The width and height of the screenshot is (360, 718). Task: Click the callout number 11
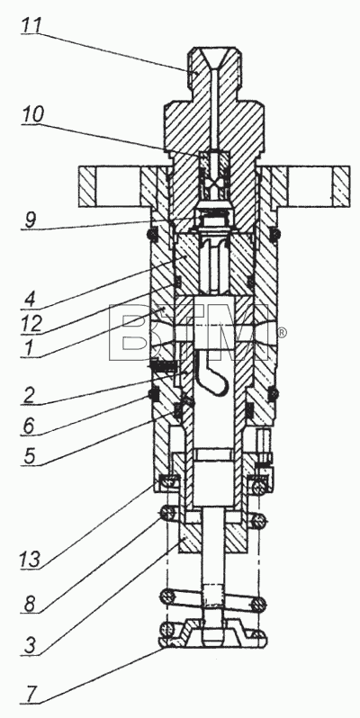click(x=31, y=25)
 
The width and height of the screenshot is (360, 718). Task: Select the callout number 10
click(x=33, y=115)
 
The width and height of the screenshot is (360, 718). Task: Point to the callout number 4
click(x=30, y=301)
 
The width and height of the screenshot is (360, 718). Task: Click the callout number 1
click(x=29, y=348)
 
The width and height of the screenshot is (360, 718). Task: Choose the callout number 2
click(x=29, y=397)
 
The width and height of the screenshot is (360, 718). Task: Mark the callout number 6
click(x=29, y=426)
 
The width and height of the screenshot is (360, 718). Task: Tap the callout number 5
click(x=29, y=456)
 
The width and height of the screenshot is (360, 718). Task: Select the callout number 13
click(x=31, y=559)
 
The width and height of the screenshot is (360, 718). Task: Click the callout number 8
click(x=30, y=604)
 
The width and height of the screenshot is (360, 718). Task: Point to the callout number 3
click(x=29, y=646)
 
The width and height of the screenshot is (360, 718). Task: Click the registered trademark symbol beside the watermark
click(x=283, y=332)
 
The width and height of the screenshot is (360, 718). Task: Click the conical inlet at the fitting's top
click(x=213, y=58)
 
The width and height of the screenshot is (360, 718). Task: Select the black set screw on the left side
click(x=163, y=365)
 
